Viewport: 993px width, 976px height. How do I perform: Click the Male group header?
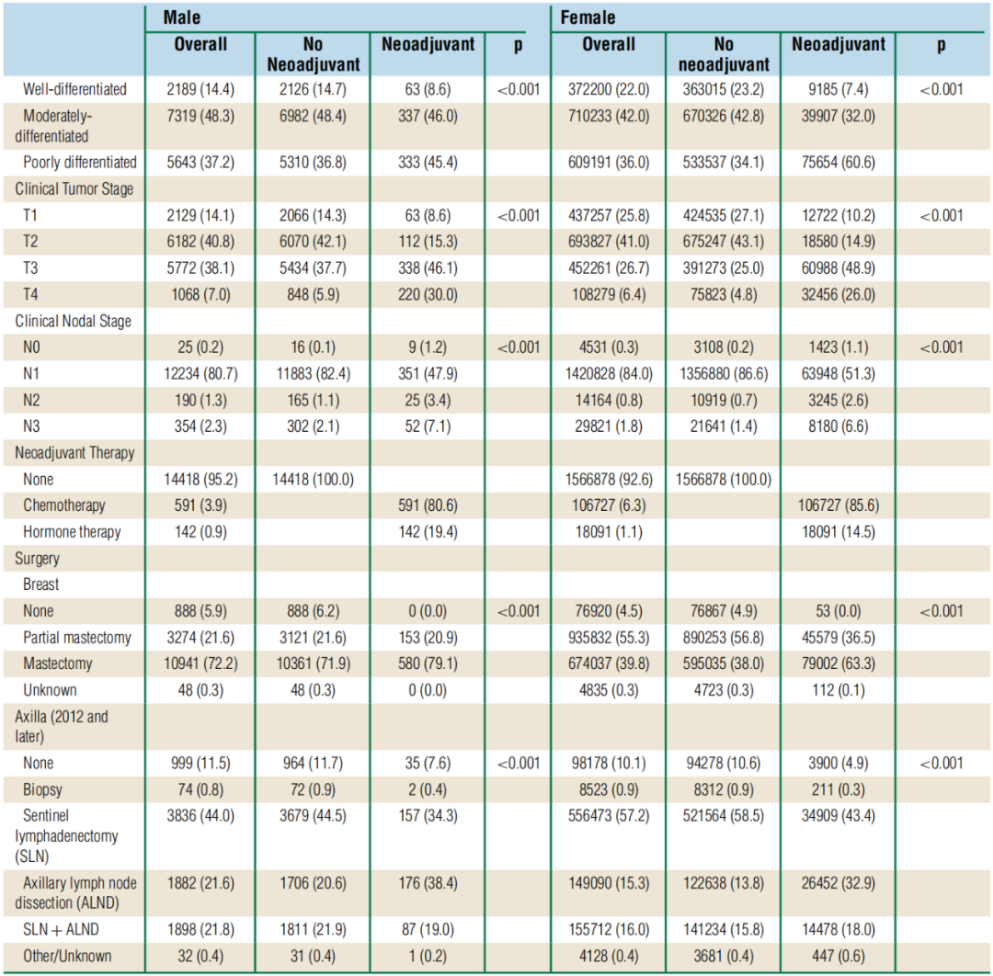pos(182,17)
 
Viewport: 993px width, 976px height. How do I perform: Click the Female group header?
pos(588,17)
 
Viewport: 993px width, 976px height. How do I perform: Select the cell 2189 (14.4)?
pos(200,90)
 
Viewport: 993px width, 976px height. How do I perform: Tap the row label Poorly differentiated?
pos(80,163)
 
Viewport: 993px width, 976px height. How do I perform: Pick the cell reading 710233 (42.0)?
pos(608,117)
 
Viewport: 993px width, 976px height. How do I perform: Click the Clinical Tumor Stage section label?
pos(74,189)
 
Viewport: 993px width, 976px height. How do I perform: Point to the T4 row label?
pos(34,295)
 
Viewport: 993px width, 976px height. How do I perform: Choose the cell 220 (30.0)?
pos(427,295)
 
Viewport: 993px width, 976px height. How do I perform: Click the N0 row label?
pos(34,347)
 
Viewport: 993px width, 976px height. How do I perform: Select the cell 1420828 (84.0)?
pos(608,374)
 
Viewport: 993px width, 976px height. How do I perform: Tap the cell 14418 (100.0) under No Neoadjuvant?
pos(313,479)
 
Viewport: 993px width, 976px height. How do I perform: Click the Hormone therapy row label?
pos(73,532)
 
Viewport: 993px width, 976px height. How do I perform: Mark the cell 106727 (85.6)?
pos(838,505)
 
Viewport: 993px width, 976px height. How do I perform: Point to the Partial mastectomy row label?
pos(77,638)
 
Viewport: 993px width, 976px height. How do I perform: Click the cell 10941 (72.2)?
pos(200,664)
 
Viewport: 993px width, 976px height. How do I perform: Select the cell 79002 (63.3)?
pos(838,664)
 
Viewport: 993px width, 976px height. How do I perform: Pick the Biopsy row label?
pos(43,789)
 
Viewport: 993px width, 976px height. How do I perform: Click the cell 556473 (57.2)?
pos(608,816)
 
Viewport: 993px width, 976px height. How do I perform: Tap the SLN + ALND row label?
pos(61,930)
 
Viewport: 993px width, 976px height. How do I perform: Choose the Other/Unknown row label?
pos(67,957)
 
